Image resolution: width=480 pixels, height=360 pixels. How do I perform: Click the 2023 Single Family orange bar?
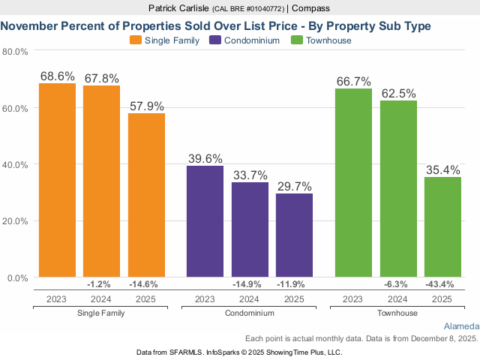click(57, 180)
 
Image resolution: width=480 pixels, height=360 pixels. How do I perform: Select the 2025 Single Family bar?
click(146, 195)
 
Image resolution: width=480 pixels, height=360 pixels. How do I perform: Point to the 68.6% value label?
click(58, 76)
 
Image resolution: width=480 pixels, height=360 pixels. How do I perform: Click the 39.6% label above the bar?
click(205, 158)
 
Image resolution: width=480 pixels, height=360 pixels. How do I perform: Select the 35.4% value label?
click(442, 170)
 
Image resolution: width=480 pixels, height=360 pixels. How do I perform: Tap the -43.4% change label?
click(442, 284)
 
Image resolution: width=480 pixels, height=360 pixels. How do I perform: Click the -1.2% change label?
click(100, 284)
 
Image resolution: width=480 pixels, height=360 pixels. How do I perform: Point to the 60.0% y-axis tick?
click(15, 108)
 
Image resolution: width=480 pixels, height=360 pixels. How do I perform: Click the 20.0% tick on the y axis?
click(15, 221)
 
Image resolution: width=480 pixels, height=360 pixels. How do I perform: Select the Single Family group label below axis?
click(100, 312)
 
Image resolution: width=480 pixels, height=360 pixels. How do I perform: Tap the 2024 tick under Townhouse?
click(398, 298)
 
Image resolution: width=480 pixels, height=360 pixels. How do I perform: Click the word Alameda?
click(460, 326)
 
